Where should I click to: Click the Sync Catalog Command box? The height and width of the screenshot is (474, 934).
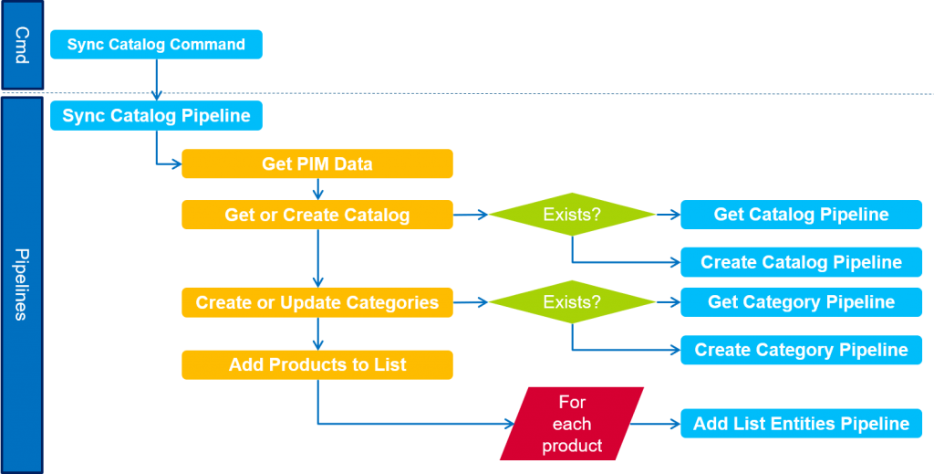tap(156, 45)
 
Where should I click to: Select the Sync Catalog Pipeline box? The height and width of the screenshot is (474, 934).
tap(156, 116)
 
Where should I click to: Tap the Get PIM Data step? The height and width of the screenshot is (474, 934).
tap(317, 164)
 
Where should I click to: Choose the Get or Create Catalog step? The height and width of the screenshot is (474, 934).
tap(317, 215)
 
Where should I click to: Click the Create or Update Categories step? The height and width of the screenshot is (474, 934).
tap(317, 302)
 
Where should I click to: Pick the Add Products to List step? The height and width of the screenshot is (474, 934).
tap(317, 364)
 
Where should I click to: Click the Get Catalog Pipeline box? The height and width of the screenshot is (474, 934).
tap(801, 215)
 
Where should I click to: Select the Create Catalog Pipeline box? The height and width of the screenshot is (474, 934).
tap(801, 262)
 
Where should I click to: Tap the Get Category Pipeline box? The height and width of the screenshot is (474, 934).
tap(801, 302)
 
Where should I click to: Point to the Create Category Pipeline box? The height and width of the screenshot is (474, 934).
tap(801, 350)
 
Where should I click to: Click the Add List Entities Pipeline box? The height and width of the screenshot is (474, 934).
tap(801, 424)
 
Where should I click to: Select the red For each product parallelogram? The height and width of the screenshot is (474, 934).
tap(572, 424)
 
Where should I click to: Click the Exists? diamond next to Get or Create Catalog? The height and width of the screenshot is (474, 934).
tap(572, 215)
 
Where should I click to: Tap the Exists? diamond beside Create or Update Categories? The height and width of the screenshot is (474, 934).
tap(572, 302)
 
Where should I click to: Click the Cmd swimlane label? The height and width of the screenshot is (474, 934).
tap(22, 45)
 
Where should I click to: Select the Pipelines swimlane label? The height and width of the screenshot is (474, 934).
tap(22, 283)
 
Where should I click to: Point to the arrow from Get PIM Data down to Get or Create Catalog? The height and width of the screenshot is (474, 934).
tap(317, 189)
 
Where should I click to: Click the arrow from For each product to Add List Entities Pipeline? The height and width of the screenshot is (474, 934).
tap(655, 424)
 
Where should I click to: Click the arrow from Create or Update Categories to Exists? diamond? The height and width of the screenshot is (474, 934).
tap(471, 302)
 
